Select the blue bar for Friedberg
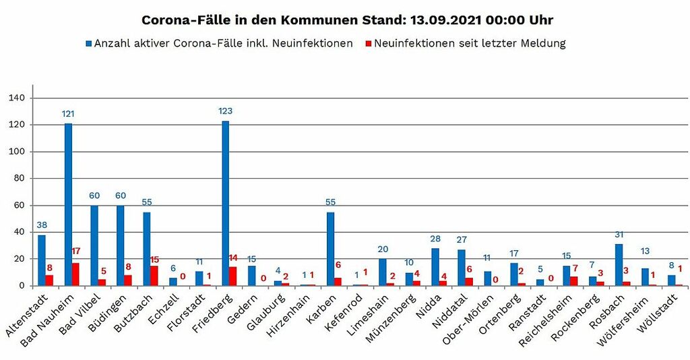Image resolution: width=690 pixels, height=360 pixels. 226,203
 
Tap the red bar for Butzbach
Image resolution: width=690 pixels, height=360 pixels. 154,276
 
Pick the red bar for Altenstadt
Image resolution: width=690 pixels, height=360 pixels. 49,280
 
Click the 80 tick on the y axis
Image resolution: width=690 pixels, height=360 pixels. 18,179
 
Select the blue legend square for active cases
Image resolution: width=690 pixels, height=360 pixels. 88,44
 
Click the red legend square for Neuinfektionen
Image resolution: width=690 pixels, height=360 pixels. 368,44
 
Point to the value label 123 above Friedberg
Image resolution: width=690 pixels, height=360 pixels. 225,111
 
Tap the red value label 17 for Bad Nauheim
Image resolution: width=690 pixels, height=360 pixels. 76,251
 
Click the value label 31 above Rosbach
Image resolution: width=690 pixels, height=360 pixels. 619,234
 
